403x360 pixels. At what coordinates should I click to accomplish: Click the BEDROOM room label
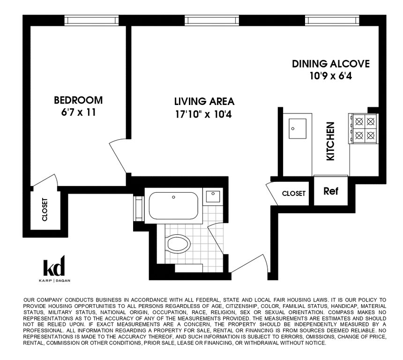[x=78, y=100]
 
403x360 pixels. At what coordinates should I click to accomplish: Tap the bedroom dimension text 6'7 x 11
[x=78, y=112]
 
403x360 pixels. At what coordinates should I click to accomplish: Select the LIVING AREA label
[x=204, y=102]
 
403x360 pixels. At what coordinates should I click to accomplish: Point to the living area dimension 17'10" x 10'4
[x=203, y=114]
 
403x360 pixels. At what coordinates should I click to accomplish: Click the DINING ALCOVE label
[x=331, y=64]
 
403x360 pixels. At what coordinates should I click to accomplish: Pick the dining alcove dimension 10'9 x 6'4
[x=331, y=76]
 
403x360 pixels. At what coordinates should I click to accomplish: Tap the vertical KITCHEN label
[x=330, y=141]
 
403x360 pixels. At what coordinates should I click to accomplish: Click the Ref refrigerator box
[x=331, y=190]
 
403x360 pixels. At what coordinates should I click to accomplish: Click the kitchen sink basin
[x=298, y=128]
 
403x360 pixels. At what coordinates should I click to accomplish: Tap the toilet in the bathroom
[x=178, y=243]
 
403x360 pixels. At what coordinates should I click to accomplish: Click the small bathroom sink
[x=213, y=196]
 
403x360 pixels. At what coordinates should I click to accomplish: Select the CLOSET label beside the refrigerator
[x=294, y=194]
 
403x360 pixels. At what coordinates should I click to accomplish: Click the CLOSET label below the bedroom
[x=45, y=210]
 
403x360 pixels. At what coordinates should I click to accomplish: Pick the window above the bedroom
[x=91, y=20]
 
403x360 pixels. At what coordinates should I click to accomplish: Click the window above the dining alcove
[x=332, y=20]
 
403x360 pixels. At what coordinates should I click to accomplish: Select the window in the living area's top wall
[x=212, y=20]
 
